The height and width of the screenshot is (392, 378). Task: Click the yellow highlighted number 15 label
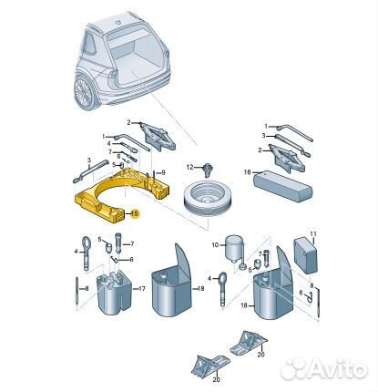point(135,213)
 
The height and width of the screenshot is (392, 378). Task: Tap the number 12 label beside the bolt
point(189,167)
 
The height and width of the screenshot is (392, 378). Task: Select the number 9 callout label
point(163,172)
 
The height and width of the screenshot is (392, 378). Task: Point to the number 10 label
point(215,244)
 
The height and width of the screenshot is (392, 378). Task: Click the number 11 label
point(313,234)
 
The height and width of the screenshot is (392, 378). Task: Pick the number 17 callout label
point(142,288)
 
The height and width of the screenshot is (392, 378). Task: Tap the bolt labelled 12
point(208,170)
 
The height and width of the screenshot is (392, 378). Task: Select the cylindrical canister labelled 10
point(234,248)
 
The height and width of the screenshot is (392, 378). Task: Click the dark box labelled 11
point(305,255)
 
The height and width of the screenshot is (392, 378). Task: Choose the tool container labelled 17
point(114,292)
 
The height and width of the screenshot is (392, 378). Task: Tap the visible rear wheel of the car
point(83,93)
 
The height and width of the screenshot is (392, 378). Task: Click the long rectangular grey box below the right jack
point(282,185)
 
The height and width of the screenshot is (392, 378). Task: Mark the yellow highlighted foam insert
point(121,194)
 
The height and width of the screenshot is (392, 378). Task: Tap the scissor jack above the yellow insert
point(158,138)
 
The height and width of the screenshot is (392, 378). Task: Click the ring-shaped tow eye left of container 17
point(86,253)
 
